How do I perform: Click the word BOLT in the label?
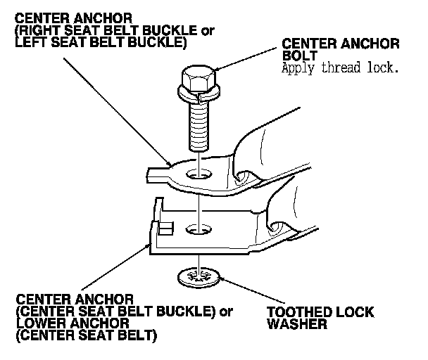pos(300,57)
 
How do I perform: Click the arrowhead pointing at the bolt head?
pos(218,69)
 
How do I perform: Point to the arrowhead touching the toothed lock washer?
pos(220,278)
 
